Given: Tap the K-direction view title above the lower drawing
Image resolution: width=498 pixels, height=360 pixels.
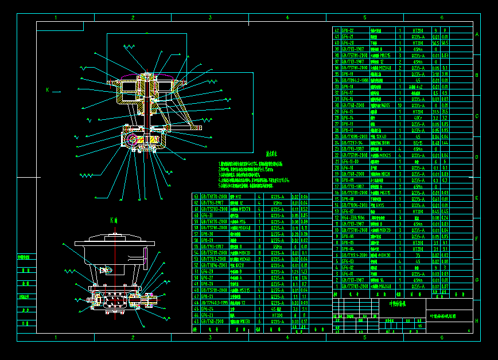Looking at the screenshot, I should tap(114, 220).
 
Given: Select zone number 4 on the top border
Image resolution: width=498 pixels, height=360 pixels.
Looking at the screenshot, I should tap(287, 18).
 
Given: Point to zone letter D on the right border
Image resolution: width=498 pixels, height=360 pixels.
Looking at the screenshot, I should tap(477, 157).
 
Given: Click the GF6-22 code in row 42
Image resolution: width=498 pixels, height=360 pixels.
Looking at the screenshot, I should tap(348, 30).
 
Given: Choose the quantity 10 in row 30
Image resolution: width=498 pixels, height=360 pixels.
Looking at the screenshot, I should tap(399, 105).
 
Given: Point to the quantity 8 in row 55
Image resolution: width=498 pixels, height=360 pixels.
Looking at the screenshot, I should tap(260, 246).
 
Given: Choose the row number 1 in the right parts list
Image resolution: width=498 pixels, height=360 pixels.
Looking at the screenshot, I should tap(336, 285).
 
